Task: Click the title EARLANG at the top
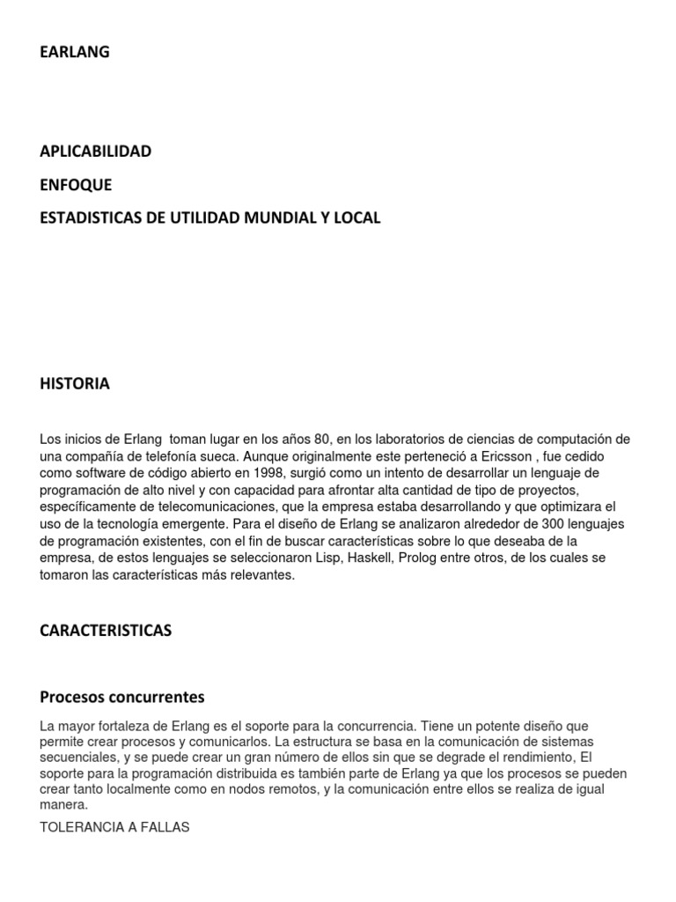75,53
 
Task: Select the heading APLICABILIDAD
96,152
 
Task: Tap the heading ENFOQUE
77,185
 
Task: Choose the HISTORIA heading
75,384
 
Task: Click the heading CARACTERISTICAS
106,631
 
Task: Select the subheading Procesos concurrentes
122,698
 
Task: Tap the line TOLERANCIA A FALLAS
114,829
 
